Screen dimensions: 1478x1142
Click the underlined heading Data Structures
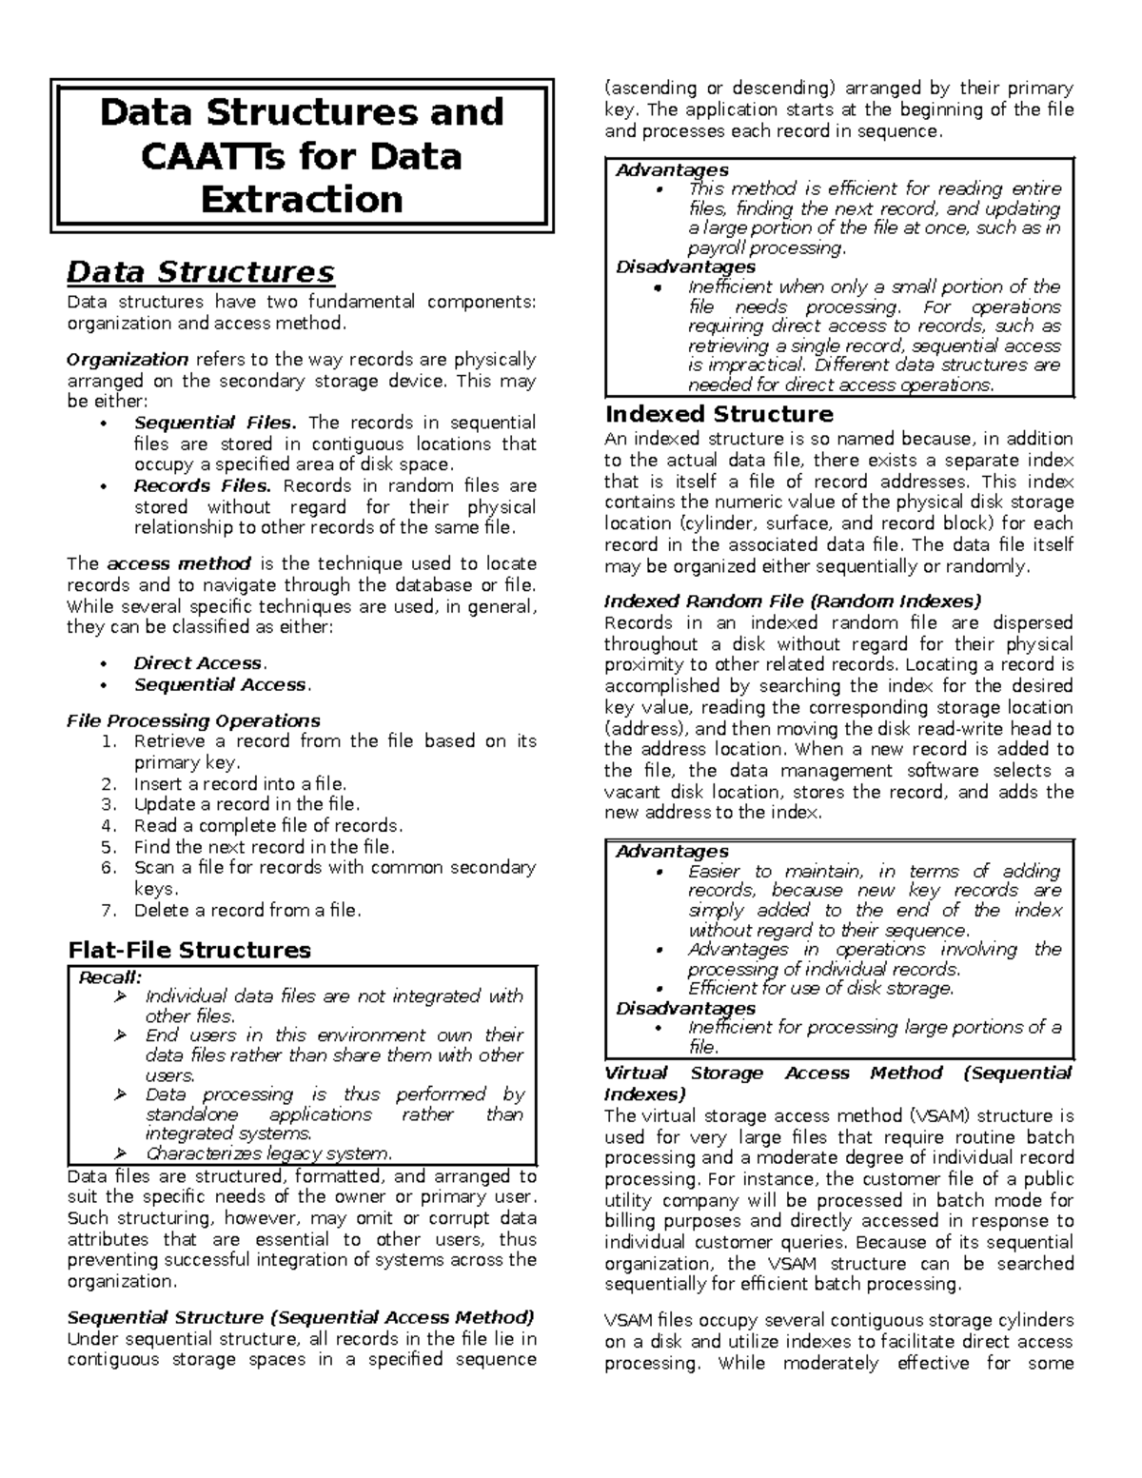point(200,273)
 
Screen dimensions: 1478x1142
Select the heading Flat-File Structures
point(188,950)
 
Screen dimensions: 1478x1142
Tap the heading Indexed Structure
point(719,414)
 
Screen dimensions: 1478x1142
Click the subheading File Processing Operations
point(192,720)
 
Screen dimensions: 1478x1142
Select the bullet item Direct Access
point(198,663)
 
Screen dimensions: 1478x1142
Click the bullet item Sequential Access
point(221,684)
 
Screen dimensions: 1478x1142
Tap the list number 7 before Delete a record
point(108,911)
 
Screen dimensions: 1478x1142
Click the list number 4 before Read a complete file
point(108,826)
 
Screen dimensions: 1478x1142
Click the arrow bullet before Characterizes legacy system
point(120,1154)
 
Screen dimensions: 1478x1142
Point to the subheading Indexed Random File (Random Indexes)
point(792,601)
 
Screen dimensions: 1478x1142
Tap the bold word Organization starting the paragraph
point(127,360)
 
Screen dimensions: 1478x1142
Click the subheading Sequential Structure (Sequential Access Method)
point(300,1318)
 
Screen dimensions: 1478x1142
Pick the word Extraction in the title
point(302,200)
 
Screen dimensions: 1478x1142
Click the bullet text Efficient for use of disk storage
point(820,989)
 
